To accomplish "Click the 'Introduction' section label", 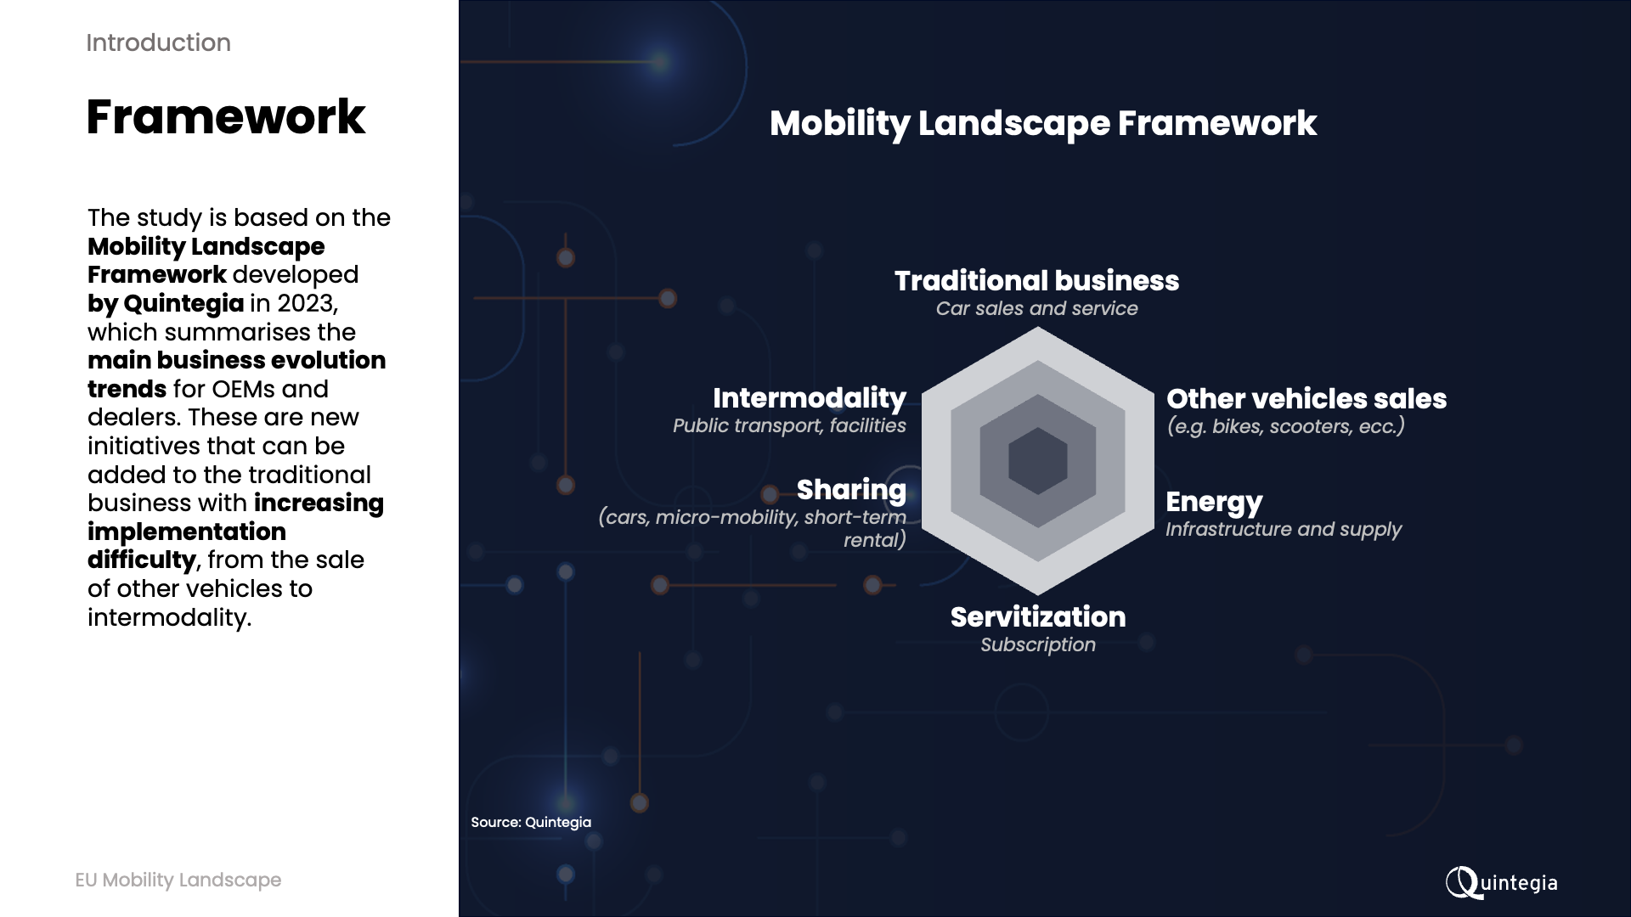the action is (158, 42).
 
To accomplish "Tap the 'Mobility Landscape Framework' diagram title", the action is (1043, 124).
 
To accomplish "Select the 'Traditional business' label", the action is (1036, 280).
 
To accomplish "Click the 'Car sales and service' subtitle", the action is (1036, 308).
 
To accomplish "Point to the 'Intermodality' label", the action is (810, 398).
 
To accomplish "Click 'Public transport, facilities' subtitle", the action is (789, 425).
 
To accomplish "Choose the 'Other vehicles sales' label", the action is (1306, 398).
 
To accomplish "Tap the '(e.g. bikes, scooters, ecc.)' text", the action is (1285, 426).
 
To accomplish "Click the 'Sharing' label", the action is (851, 490).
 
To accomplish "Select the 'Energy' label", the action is (1214, 503).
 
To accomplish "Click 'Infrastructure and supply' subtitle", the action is (1284, 529).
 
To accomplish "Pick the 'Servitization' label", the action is (1038, 616).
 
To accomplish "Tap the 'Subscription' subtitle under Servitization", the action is (1038, 644).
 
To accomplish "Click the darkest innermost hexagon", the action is (1038, 461).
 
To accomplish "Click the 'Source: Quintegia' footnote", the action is (531, 822).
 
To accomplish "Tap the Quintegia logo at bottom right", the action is (1501, 882).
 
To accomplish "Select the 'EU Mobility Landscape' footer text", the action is (178, 880).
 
